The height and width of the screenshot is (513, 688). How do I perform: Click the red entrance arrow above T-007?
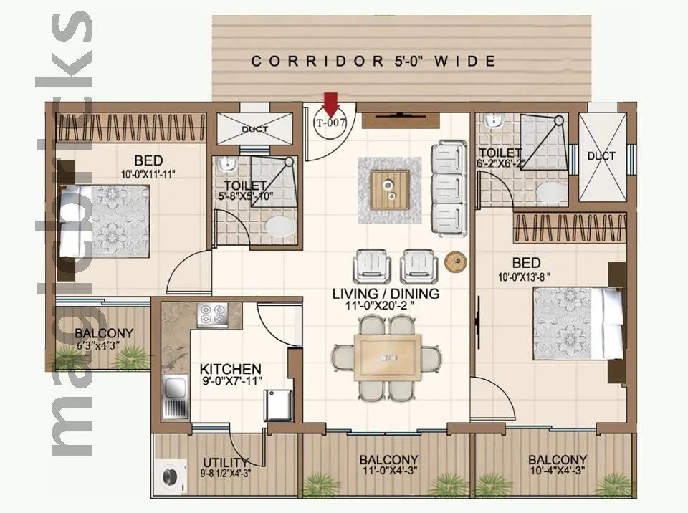330,103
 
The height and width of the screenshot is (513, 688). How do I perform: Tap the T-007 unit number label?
331,123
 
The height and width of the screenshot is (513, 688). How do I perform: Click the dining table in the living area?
386,358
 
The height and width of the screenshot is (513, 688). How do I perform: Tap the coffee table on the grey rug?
390,189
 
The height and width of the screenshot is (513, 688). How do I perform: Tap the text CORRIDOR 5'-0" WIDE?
373,62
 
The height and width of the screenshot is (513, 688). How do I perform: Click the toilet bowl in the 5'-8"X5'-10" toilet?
280,226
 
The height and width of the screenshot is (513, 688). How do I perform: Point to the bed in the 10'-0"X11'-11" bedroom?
104,221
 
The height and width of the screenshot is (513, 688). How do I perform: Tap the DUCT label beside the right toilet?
601,156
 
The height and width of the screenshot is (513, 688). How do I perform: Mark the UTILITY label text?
225,461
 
